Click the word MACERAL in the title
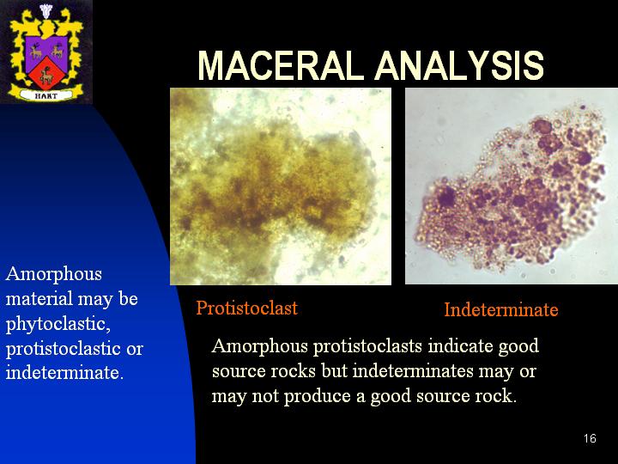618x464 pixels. click(x=281, y=65)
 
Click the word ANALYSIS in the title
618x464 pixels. click(x=459, y=65)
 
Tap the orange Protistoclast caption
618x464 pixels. click(x=246, y=308)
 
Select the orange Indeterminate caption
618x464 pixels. click(x=501, y=309)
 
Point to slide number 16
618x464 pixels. click(x=590, y=438)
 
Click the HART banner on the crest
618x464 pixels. click(x=46, y=95)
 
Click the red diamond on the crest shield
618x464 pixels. click(x=46, y=72)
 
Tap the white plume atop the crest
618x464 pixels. click(x=46, y=10)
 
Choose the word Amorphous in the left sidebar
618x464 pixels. click(x=54, y=274)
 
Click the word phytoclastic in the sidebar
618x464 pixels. click(x=58, y=324)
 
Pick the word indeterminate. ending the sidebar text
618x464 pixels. click(x=64, y=372)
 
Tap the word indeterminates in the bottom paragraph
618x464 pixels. click(x=413, y=371)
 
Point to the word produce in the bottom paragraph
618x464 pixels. click(x=318, y=396)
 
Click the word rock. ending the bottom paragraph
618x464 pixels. click(x=496, y=396)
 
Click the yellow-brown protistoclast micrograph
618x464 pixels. click(x=281, y=186)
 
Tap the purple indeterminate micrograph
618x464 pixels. click(x=512, y=186)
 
